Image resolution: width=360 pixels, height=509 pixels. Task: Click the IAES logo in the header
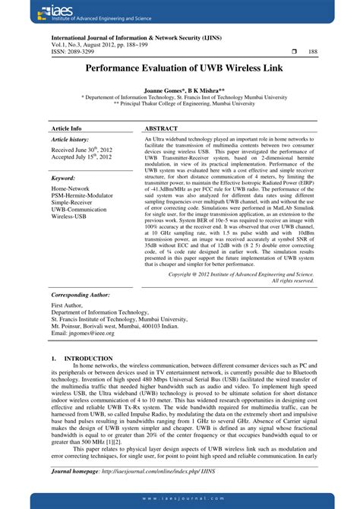pyautogui.click(x=38, y=11)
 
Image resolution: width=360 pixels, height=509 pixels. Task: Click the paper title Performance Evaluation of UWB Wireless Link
pyautogui.click(x=180, y=67)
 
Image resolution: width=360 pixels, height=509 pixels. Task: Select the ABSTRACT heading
pyautogui.click(x=161, y=129)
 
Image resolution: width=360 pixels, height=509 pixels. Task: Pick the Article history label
pyautogui.click(x=70, y=141)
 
